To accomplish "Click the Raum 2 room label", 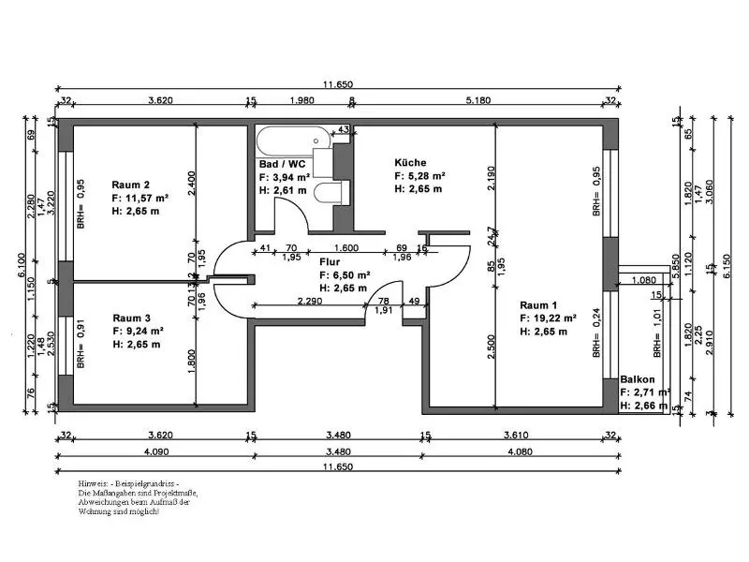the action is (131, 184).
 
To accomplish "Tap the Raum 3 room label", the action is (131, 318).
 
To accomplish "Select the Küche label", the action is (410, 162).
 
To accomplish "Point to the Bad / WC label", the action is (281, 163).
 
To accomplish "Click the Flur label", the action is (329, 262).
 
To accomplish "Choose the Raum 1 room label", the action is (539, 304).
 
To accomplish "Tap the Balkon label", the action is (637, 379).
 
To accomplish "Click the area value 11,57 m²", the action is (148, 198).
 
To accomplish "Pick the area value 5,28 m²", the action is (426, 175).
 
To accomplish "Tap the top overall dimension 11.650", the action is (339, 84).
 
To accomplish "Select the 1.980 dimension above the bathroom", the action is (301, 100).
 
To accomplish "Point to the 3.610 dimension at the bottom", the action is (518, 435).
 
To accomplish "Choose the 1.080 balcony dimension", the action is (643, 279).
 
